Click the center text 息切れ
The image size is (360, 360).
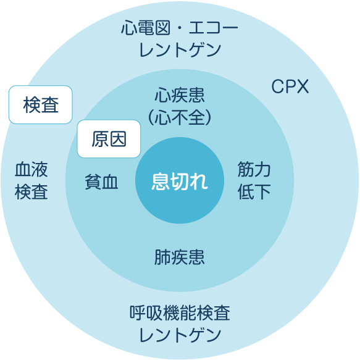[180, 181]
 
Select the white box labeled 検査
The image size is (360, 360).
[41, 105]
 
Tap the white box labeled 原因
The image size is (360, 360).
[109, 139]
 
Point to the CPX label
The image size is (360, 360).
[290, 86]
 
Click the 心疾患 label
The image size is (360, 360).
[180, 95]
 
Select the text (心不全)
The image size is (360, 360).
[180, 117]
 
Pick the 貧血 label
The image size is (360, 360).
[101, 182]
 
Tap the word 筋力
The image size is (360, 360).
[254, 169]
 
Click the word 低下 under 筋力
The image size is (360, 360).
[254, 191]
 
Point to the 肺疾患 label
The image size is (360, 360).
[180, 257]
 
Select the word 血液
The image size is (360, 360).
[31, 169]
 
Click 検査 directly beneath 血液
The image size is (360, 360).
[31, 191]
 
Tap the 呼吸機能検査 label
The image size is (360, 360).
[180, 312]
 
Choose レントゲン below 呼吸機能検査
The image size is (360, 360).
[180, 335]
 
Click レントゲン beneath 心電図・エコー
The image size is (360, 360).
[180, 50]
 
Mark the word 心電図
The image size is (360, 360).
[146, 28]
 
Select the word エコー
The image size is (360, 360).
[214, 28]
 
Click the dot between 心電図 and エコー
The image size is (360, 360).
[180, 28]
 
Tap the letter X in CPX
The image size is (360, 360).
[303, 86]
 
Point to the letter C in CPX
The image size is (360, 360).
[277, 86]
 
